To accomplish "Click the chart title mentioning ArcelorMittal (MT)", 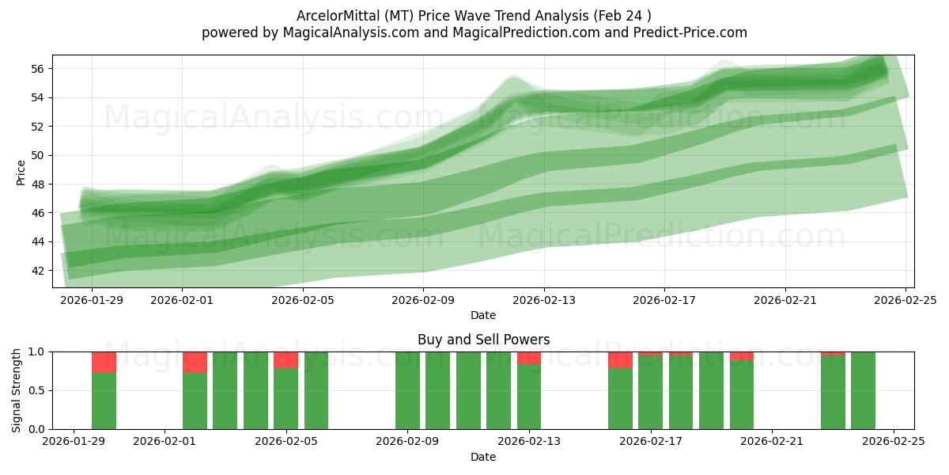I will (x=474, y=16).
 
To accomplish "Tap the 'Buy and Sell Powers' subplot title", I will (x=483, y=340).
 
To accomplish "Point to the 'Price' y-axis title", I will (x=21, y=173).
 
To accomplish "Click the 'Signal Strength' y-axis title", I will (x=17, y=389).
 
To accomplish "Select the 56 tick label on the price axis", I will (x=37, y=69).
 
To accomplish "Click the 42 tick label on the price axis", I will (x=37, y=270).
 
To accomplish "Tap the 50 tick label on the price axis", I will (x=37, y=155).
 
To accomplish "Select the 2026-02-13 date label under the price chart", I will (x=543, y=301).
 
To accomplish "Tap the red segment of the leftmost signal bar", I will (x=104, y=362).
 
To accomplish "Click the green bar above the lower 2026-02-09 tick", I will (x=407, y=390).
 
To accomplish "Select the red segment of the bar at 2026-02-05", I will (x=285, y=359).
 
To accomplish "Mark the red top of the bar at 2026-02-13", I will (x=529, y=358).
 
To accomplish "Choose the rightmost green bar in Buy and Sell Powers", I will (x=863, y=390).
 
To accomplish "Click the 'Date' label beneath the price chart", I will (x=483, y=315).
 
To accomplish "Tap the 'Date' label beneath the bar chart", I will (x=483, y=457).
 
